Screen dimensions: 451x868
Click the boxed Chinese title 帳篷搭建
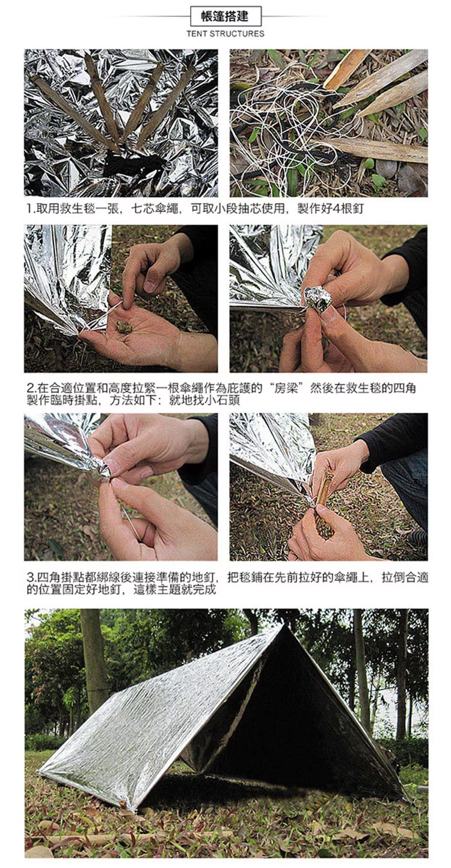[226, 16]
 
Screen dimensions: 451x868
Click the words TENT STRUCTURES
[226, 34]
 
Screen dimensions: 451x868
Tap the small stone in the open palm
[124, 327]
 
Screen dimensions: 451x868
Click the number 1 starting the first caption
[29, 209]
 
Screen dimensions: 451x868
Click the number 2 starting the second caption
[30, 388]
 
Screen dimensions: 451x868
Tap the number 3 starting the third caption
[30, 577]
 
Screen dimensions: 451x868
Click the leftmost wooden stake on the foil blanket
[74, 112]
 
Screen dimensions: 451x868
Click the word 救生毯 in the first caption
[77, 209]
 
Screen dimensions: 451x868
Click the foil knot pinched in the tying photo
[102, 471]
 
